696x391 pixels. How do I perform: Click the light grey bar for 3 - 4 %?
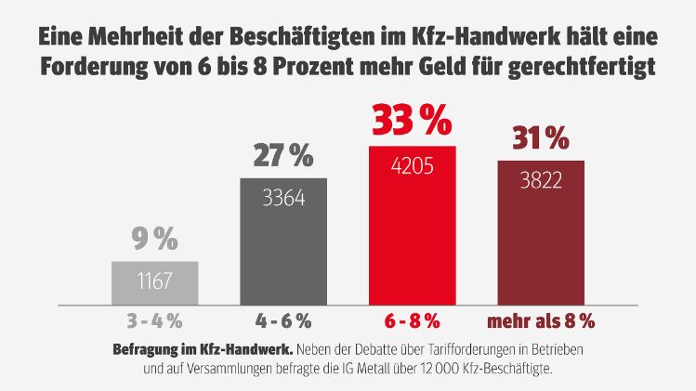(x=154, y=282)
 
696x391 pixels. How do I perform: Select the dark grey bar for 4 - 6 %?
(x=283, y=241)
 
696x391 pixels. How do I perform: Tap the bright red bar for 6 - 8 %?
(x=413, y=225)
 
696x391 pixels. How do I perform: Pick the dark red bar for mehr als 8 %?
(x=541, y=232)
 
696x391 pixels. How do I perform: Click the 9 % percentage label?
(x=154, y=241)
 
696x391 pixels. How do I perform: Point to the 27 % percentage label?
(x=283, y=157)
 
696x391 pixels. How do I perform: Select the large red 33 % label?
(x=413, y=122)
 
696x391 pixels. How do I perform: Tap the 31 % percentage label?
(x=541, y=139)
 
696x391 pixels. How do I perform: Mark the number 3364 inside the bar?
(x=283, y=197)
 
